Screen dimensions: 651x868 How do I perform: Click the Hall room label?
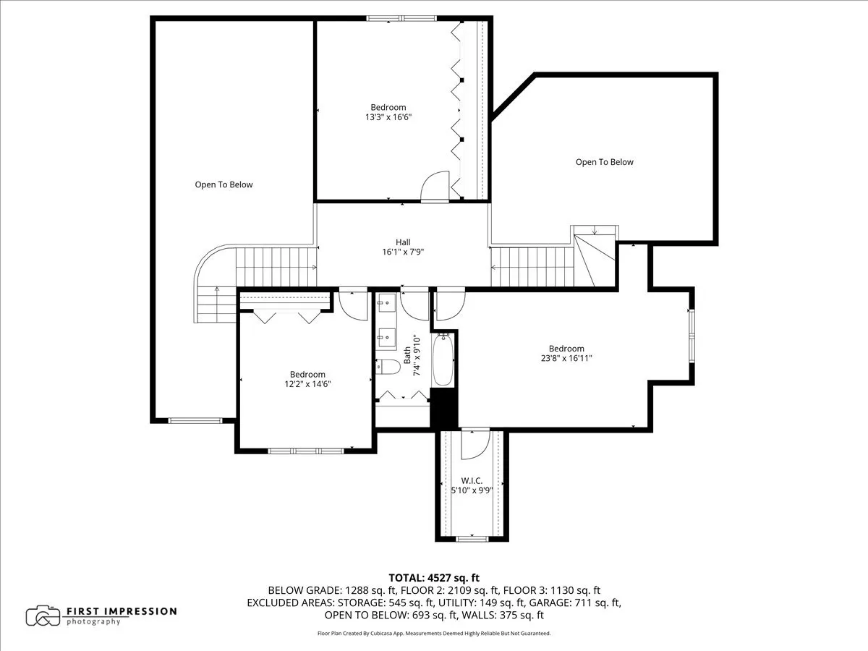pyautogui.click(x=403, y=242)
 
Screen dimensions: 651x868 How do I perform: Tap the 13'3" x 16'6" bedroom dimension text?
pyautogui.click(x=388, y=117)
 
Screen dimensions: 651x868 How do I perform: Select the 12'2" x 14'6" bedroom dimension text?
pyautogui.click(x=307, y=384)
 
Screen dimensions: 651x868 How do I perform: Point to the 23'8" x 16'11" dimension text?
pyautogui.click(x=566, y=358)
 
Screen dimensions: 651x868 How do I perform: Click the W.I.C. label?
pyautogui.click(x=472, y=481)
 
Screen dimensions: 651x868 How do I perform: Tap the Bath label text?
pyautogui.click(x=407, y=354)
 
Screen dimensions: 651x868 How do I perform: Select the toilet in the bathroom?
pyautogui.click(x=389, y=367)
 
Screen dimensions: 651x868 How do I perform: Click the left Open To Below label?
pyautogui.click(x=224, y=184)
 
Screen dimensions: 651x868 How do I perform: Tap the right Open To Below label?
pyautogui.click(x=604, y=162)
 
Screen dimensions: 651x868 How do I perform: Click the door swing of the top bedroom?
pyautogui.click(x=435, y=187)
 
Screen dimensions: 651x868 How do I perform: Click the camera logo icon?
pyautogui.click(x=43, y=616)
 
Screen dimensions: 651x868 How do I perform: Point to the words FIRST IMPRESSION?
pyautogui.click(x=122, y=610)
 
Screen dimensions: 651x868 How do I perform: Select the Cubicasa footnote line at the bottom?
pyautogui.click(x=434, y=634)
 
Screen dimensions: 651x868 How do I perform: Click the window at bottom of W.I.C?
pyautogui.click(x=472, y=538)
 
